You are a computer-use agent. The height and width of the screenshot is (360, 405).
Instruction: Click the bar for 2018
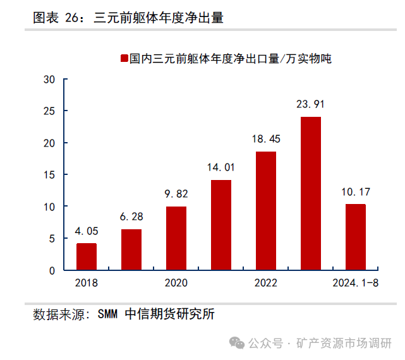click(87, 256)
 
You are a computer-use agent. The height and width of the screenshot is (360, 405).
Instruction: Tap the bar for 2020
click(176, 238)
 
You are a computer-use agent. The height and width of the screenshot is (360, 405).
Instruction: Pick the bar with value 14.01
click(221, 225)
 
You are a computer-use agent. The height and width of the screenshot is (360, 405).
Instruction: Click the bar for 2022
click(266, 211)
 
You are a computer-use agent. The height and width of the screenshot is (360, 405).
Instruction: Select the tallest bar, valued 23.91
click(311, 193)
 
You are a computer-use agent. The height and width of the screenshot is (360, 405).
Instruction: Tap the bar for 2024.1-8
click(356, 237)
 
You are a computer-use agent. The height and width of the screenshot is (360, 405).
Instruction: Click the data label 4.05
click(87, 231)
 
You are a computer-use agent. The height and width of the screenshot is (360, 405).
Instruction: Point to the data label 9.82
click(176, 194)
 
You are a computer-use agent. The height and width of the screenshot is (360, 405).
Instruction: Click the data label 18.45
click(266, 139)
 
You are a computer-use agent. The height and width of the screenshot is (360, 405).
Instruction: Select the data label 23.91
click(311, 104)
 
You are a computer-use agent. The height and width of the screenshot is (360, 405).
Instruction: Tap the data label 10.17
click(356, 191)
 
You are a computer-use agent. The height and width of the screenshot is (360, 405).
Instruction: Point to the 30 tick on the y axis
click(50, 80)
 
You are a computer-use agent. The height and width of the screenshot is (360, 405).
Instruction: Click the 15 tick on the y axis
click(50, 175)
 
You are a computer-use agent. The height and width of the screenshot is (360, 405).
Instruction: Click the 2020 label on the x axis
click(176, 283)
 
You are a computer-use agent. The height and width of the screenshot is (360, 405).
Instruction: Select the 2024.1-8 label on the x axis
click(356, 283)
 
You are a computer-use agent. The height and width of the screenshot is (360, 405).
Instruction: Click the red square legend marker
click(123, 59)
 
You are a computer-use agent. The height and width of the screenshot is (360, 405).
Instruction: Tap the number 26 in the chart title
click(72, 18)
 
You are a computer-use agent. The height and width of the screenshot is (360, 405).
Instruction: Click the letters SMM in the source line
click(109, 314)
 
